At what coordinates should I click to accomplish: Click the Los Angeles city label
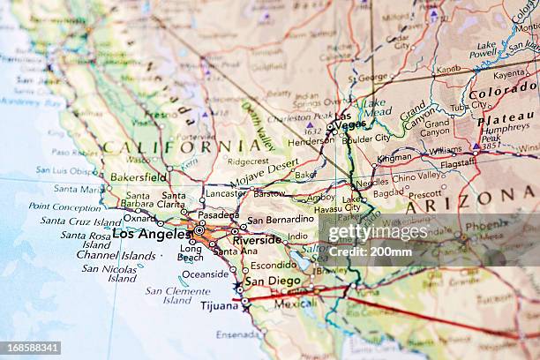(150, 235)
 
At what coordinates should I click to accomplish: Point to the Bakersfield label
(139, 176)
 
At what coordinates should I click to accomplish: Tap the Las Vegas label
(350, 120)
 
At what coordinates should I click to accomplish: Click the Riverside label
(258, 239)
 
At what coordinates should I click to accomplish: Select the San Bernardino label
(281, 220)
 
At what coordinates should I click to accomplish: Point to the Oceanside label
(206, 274)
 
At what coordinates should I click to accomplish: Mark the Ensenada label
(238, 334)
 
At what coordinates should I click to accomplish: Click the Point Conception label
(64, 206)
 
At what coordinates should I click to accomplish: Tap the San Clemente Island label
(177, 295)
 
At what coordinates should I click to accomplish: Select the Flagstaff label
(458, 163)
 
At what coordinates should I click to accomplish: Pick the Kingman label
(394, 158)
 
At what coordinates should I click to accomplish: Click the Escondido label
(274, 265)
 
